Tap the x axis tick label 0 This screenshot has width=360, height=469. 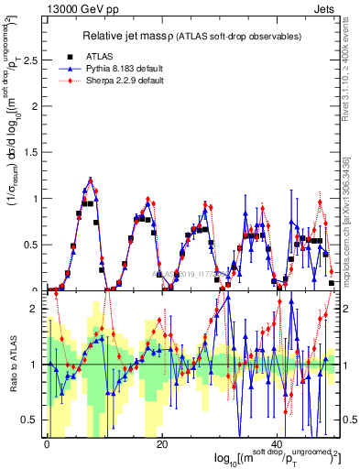(47, 444)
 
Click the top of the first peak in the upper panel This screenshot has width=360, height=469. (91, 180)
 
